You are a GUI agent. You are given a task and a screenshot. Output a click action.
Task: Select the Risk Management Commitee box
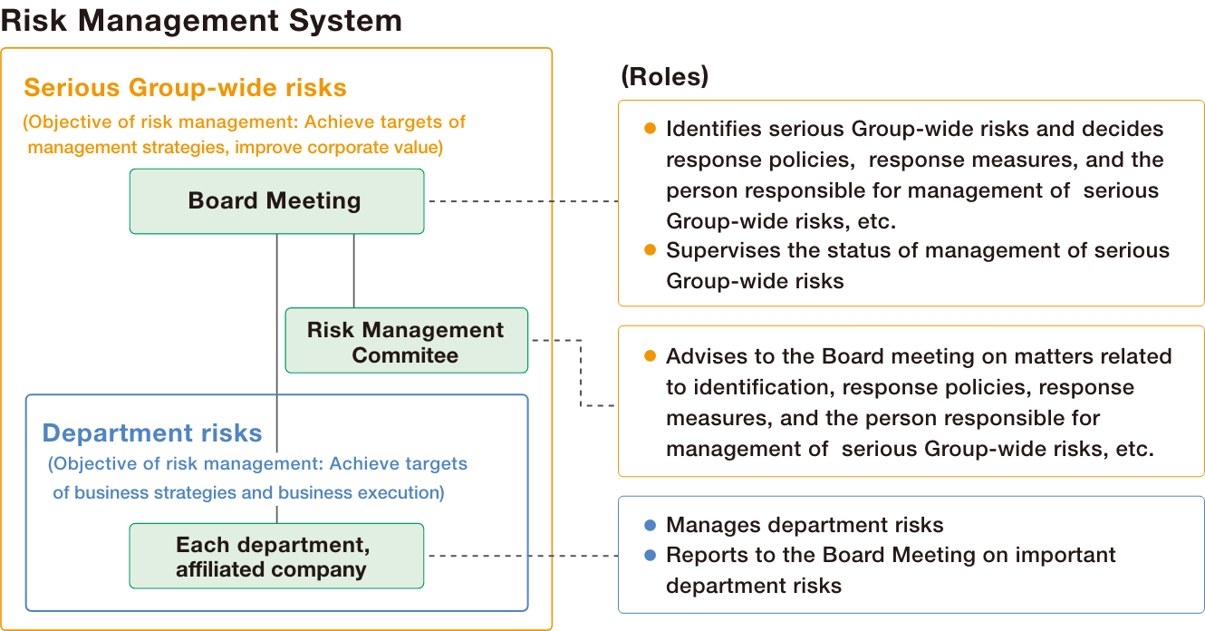pyautogui.click(x=406, y=341)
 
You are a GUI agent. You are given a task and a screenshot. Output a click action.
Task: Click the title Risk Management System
pyautogui.click(x=201, y=20)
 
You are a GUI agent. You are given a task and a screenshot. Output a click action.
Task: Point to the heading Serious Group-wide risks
pyautogui.click(x=185, y=87)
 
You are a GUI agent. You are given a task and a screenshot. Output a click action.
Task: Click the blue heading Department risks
pyautogui.click(x=152, y=433)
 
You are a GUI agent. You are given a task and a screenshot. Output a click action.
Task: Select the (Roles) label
pyautogui.click(x=664, y=77)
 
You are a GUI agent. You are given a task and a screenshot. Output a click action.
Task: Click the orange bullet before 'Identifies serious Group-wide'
pyautogui.click(x=650, y=129)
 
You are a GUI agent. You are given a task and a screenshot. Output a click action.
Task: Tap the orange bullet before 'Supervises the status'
pyautogui.click(x=650, y=250)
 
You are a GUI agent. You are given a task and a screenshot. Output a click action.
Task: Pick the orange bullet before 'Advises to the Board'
pyautogui.click(x=650, y=356)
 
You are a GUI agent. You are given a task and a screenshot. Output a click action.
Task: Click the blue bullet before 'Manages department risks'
pyautogui.click(x=650, y=525)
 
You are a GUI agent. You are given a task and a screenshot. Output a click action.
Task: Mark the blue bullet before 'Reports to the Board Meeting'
pyautogui.click(x=650, y=555)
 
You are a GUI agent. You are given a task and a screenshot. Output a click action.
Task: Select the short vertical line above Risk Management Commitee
pyautogui.click(x=353, y=270)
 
